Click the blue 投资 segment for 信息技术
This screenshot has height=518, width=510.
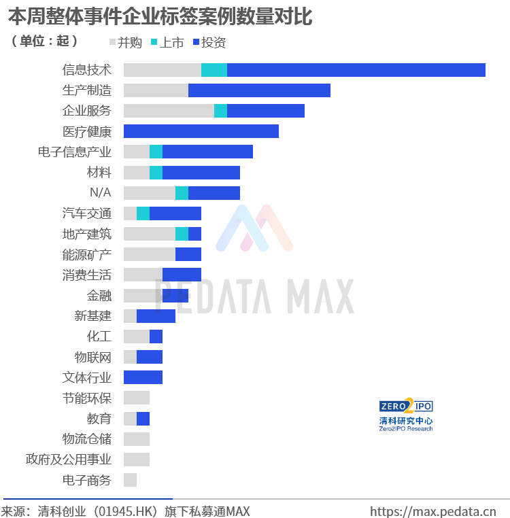point(356,70)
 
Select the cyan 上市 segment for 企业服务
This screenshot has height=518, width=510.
point(220,111)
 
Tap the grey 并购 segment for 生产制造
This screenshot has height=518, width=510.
point(156,90)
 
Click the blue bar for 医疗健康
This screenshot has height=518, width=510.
point(201,131)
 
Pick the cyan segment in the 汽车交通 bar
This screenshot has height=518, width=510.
point(143,213)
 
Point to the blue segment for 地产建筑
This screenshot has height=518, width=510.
point(194,234)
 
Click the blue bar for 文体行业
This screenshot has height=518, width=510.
point(143,377)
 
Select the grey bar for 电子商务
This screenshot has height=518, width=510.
point(131,480)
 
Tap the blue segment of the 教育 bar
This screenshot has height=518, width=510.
point(143,419)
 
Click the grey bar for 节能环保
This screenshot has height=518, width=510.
point(137,398)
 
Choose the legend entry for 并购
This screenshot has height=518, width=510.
point(126,43)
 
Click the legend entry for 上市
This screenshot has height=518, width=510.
point(167,43)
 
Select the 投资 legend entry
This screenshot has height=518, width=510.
point(209,43)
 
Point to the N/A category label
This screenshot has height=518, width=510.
point(101,192)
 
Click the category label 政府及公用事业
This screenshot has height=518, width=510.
point(69,460)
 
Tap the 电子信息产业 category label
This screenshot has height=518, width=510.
point(75,152)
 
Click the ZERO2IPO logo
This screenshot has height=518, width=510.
point(406,415)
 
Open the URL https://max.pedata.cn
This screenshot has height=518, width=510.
point(433,511)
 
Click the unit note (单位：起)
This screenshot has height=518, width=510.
point(44,41)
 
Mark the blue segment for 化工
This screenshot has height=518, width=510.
point(156,336)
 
